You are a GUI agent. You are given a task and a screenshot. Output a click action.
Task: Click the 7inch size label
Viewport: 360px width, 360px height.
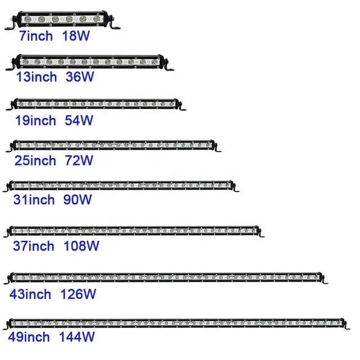point(36,37)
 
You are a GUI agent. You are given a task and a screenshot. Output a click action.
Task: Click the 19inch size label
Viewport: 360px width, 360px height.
point(35,120)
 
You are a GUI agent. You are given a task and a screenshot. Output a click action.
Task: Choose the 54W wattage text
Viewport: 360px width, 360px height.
point(78,120)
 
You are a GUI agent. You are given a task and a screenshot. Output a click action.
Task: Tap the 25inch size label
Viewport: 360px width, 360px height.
point(35,161)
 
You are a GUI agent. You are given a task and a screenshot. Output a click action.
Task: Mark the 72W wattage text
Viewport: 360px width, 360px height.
point(78,161)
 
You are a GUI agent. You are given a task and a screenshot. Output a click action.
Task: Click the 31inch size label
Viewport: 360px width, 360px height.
point(34,200)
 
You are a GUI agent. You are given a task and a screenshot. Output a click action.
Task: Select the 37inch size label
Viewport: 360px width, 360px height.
point(34,246)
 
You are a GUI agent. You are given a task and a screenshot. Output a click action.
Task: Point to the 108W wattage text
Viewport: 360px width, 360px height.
point(80,246)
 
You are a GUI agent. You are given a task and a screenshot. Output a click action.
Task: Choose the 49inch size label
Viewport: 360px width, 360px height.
point(30,337)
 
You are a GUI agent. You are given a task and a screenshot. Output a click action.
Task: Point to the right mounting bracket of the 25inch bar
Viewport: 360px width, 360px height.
point(218,148)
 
